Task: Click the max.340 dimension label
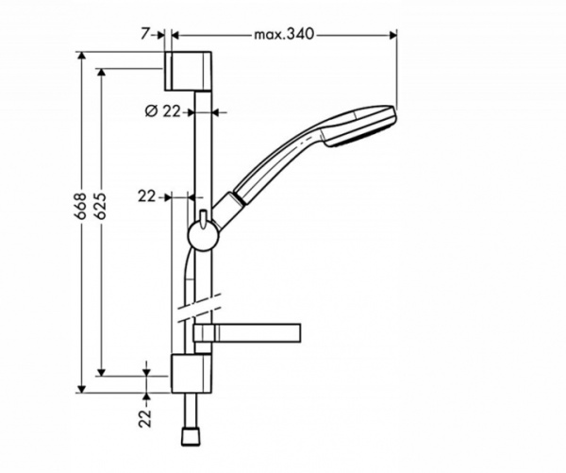(x=282, y=34)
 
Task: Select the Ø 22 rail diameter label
(x=162, y=110)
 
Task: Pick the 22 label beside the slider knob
(x=146, y=196)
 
